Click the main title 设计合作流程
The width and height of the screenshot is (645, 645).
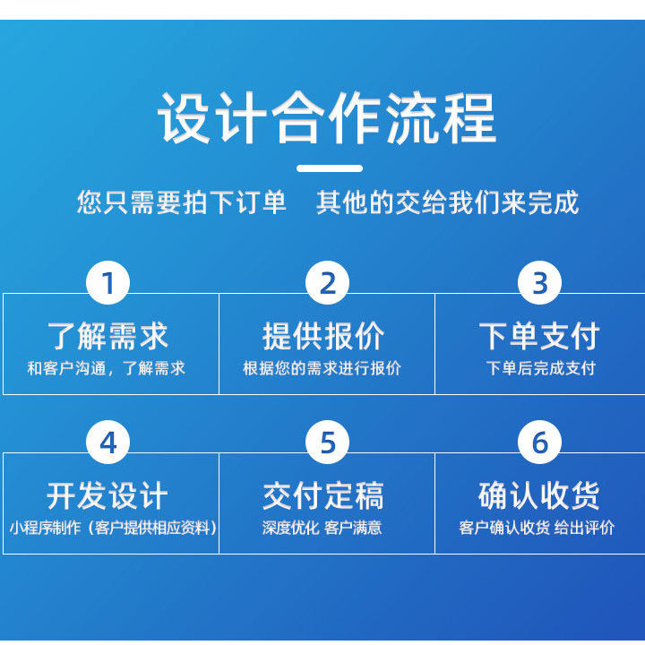click(x=327, y=117)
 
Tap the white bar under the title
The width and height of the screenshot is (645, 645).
click(x=330, y=168)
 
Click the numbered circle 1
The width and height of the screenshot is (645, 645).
click(x=108, y=282)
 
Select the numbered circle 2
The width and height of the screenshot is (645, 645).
click(x=328, y=282)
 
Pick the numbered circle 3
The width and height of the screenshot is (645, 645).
click(x=539, y=282)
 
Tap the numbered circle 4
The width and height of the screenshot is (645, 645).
click(x=108, y=443)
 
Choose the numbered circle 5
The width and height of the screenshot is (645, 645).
click(x=328, y=443)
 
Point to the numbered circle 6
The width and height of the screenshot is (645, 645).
click(x=539, y=443)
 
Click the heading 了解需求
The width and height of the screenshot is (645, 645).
click(x=108, y=336)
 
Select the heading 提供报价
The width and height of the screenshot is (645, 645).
click(x=323, y=336)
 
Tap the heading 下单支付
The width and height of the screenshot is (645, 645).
click(x=539, y=336)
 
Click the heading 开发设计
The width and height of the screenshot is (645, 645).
click(x=107, y=495)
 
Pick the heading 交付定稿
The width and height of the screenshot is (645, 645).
click(x=323, y=495)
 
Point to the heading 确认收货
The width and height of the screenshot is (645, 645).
click(x=539, y=495)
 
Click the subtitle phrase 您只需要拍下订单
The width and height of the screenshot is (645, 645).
click(x=181, y=202)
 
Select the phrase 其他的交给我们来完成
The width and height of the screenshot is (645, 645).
click(x=448, y=202)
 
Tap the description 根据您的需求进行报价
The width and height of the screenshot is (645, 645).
click(x=322, y=368)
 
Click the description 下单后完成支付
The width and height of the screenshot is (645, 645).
click(x=541, y=368)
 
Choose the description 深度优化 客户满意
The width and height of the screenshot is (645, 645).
click(x=322, y=528)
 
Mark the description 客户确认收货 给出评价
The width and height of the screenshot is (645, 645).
click(x=537, y=528)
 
